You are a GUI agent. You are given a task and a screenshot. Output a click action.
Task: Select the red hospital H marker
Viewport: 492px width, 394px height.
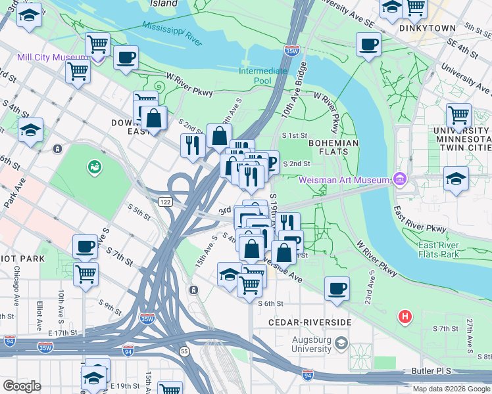click(x=405, y=317)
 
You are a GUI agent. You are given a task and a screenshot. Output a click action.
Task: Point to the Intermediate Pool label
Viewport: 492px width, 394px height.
click(x=263, y=76)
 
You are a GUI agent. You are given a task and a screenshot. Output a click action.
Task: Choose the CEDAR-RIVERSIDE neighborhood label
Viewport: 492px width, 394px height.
click(x=310, y=322)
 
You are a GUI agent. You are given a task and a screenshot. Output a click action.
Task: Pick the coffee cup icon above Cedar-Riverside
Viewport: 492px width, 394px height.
click(x=337, y=288)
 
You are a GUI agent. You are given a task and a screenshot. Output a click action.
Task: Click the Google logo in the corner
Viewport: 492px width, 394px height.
click(x=22, y=386)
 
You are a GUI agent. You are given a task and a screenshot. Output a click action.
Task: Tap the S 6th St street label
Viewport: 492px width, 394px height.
click(x=270, y=304)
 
